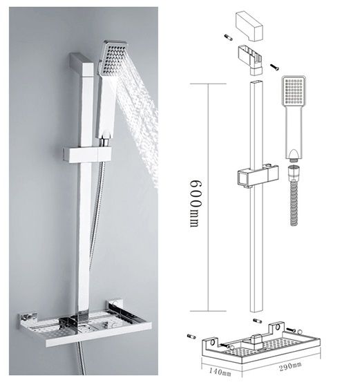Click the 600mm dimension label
[x=196, y=202]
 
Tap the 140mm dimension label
[x=220, y=371]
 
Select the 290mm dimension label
[x=290, y=367]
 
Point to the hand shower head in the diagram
[x=294, y=91]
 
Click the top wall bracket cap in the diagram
[x=249, y=27]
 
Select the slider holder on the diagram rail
[x=258, y=177]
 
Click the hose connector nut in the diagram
[x=294, y=171]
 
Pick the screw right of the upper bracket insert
[x=274, y=67]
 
